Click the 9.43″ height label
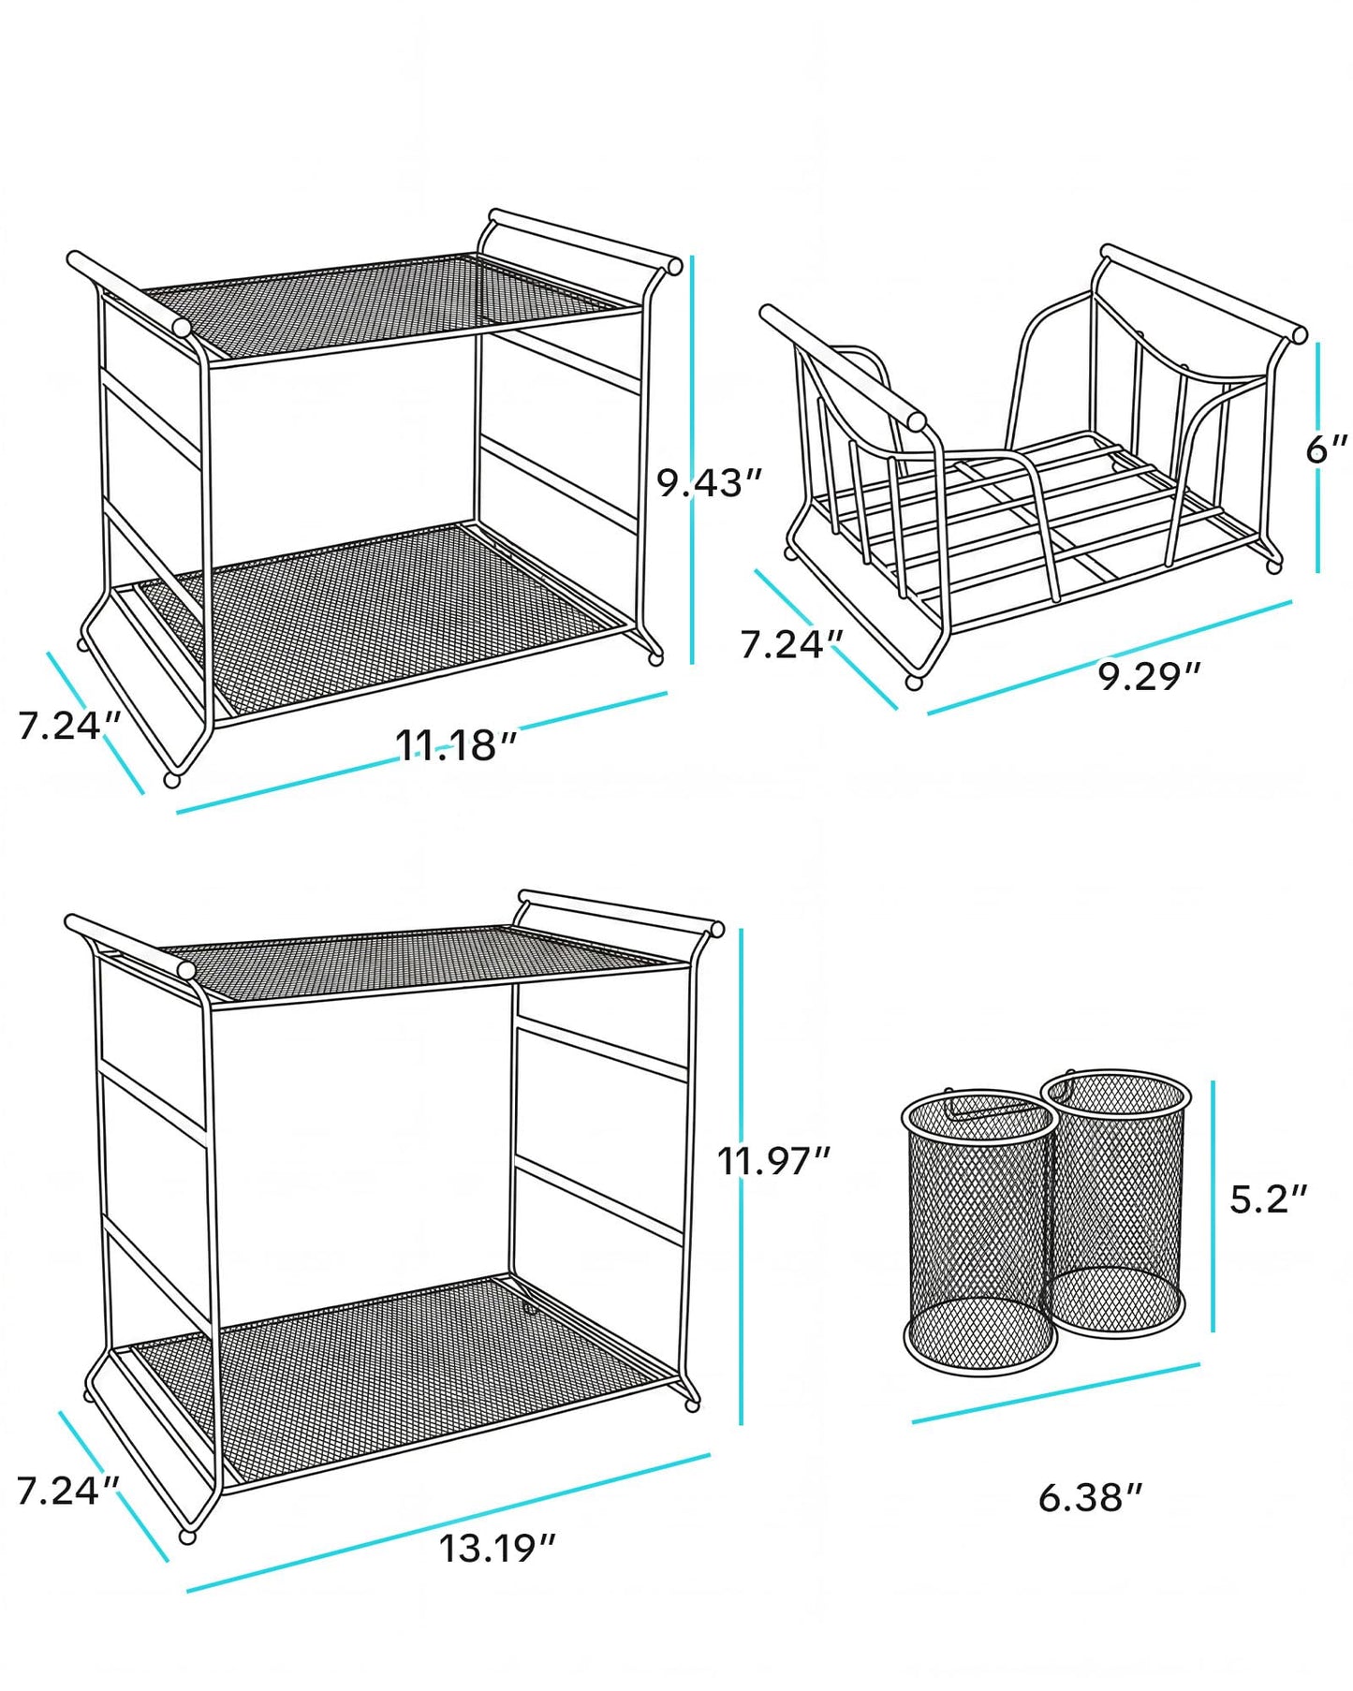point(709,483)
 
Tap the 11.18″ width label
point(456,745)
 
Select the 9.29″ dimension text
point(1149,675)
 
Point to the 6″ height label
point(1327,449)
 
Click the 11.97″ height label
point(774,1161)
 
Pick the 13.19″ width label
point(498,1549)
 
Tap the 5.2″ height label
point(1268,1198)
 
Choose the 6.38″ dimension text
point(1091,1497)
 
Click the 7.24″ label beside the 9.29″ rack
point(792,644)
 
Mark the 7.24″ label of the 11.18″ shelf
point(70,726)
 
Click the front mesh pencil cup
point(979,1232)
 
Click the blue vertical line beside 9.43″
point(692,459)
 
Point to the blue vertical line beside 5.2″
point(1213,1206)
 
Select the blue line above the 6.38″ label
point(1056,1394)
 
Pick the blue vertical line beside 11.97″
point(741,1177)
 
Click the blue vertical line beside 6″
point(1317,457)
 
